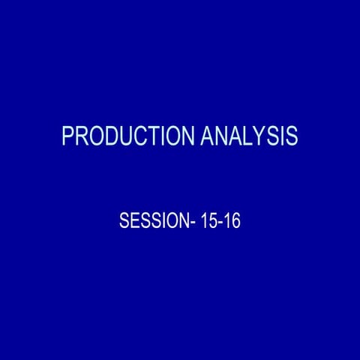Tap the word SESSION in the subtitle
coord(152,223)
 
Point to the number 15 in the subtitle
coord(207,223)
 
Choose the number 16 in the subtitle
coord(232,223)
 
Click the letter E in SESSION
coord(133,223)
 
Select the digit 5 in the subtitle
coord(211,223)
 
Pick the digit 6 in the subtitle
coord(235,223)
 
